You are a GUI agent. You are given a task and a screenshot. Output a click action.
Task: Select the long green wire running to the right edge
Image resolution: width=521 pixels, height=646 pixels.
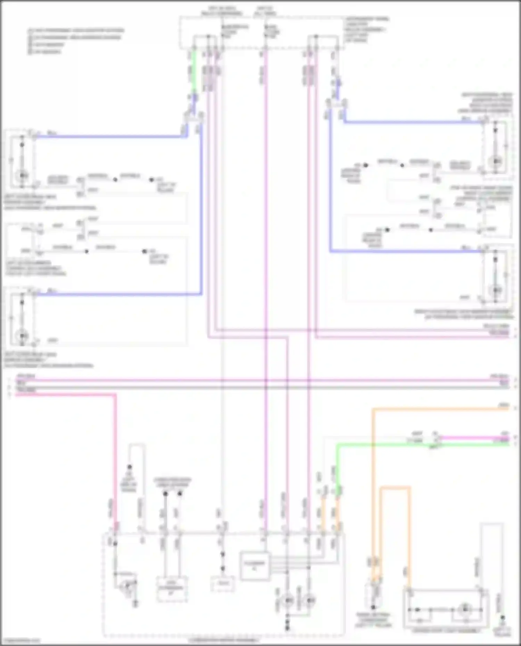pos(417,444)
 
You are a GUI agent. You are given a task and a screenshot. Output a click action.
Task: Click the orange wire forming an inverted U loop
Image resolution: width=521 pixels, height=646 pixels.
pos(395,488)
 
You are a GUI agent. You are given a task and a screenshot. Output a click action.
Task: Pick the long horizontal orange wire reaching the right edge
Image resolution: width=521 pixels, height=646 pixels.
pos(441,409)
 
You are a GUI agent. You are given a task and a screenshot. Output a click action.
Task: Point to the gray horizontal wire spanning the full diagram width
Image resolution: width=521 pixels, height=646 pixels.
pos(260,387)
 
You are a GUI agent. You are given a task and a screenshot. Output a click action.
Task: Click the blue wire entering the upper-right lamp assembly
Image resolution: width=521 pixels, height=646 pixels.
pos(413,122)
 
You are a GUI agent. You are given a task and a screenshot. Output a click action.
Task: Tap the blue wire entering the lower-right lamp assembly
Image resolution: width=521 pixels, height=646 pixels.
pos(406,251)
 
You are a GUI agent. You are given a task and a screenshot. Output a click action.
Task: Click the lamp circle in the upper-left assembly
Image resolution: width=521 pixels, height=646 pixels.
pos(23,175)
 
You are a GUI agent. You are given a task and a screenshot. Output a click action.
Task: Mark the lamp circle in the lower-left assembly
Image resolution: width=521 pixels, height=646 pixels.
pos(23,336)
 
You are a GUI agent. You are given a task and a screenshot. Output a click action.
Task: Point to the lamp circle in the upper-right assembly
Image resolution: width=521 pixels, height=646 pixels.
pos(496,161)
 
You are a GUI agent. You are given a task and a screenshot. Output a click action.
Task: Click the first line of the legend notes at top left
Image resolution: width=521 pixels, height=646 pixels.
pos(76,31)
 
